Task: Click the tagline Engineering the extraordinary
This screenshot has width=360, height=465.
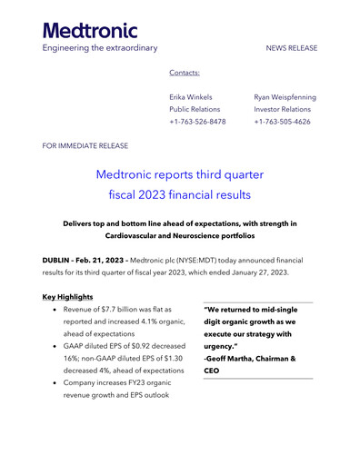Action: [100, 47]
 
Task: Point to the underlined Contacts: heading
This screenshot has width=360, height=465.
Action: [185, 72]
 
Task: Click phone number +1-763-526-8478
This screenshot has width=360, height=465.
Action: [197, 122]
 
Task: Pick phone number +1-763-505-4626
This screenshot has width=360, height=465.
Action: [284, 122]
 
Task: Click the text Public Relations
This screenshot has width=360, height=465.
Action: [195, 109]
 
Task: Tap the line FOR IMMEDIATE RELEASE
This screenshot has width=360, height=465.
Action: [85, 145]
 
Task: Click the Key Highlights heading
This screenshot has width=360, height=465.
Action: [67, 297]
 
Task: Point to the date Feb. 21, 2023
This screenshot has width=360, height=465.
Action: [108, 261]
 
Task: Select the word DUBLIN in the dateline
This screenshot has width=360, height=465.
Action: [59, 261]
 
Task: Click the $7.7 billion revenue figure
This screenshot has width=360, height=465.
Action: [123, 310]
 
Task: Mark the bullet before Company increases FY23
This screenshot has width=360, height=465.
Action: [56, 383]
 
